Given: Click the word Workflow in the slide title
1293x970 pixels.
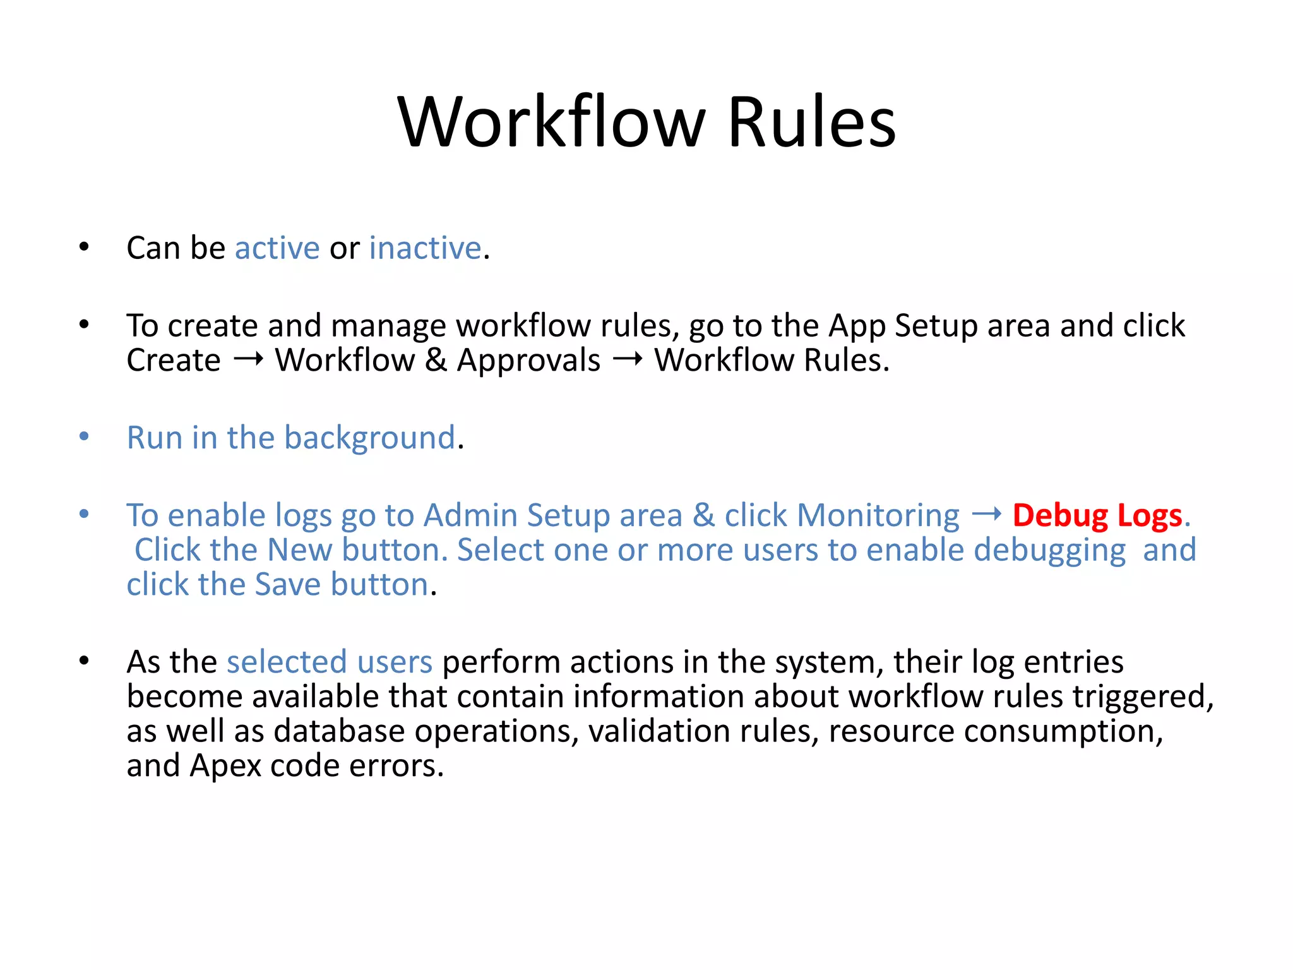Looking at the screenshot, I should pos(551,122).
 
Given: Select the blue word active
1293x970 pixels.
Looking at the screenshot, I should pos(277,248).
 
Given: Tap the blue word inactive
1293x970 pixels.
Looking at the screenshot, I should pos(425,248).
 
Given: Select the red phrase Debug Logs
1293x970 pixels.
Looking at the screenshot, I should pos(1097,515).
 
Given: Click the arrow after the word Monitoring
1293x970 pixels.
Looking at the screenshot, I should pos(986,515).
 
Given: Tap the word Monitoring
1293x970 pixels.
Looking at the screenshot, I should pos(878,516).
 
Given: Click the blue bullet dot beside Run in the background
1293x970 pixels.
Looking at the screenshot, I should pos(84,436).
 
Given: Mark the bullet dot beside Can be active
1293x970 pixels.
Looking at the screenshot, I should pos(84,247).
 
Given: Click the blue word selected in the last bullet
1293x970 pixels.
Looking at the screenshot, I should pos(287,662).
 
